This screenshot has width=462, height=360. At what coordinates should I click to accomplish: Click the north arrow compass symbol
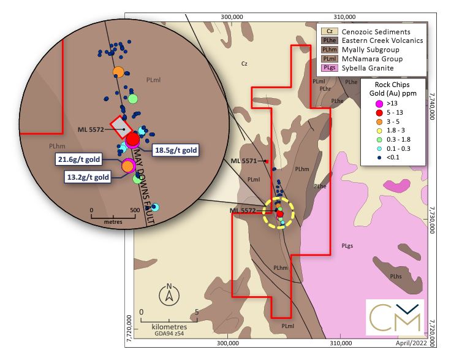click(x=169, y=294)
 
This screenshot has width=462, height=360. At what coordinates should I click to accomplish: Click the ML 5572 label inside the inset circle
click(x=92, y=129)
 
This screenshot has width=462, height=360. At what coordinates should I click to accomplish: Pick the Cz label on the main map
click(x=244, y=63)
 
